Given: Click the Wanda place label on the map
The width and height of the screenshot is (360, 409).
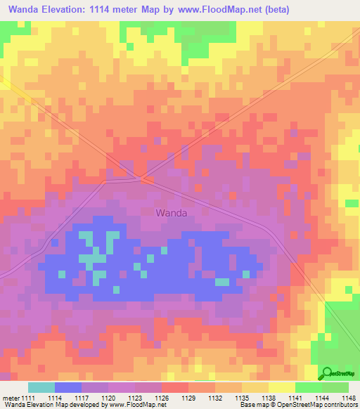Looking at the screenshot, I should (x=171, y=213).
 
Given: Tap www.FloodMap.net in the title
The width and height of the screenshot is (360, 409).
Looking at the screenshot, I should (x=217, y=10).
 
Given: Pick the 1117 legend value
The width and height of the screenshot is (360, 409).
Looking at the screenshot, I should (x=87, y=398).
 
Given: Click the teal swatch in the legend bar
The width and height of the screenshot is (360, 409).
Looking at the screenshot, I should (x=41, y=387).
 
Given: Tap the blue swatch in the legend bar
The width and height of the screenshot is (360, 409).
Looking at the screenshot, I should (x=67, y=387).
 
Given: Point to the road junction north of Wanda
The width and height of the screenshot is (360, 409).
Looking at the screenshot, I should (x=144, y=178).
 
